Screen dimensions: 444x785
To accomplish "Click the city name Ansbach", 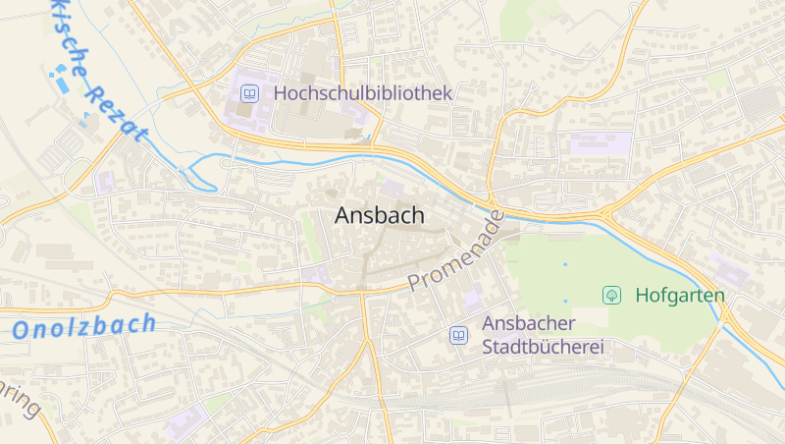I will (379, 216).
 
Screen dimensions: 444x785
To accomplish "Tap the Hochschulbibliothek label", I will (363, 93).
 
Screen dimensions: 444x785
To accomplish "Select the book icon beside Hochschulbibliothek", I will (249, 94).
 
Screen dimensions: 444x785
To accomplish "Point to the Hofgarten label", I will (680, 295).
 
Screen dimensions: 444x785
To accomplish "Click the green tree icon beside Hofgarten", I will (612, 295).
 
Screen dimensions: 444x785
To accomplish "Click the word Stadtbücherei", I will (543, 347).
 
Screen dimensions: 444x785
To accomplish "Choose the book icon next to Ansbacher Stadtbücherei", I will (458, 335).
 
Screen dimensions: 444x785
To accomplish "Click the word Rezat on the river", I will (116, 110).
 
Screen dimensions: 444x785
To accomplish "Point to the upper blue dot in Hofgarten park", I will (565, 264).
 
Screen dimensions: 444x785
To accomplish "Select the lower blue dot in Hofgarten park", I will (565, 301).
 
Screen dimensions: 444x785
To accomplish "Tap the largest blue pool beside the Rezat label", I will (63, 83).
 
